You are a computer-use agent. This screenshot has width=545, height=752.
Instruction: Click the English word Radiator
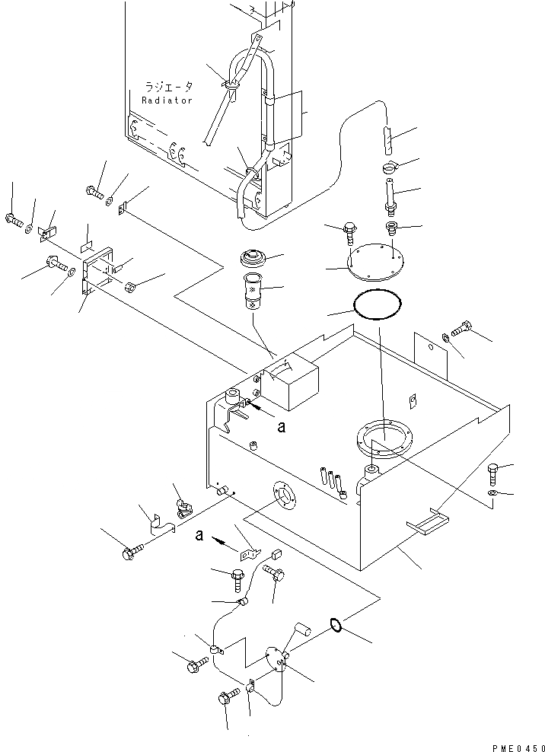(x=168, y=100)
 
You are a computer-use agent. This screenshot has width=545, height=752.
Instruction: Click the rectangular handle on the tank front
(x=429, y=521)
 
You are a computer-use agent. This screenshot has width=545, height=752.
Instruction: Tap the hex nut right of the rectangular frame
(x=131, y=287)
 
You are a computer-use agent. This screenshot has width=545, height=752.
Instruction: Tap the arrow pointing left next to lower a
(x=222, y=543)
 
